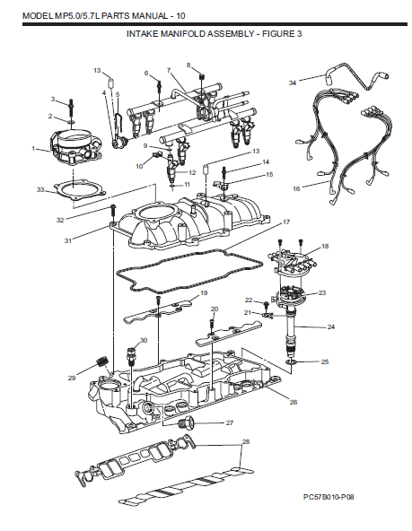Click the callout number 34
(x=293, y=83)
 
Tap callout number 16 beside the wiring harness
(x=297, y=189)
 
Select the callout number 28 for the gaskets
(x=246, y=442)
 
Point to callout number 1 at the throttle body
(x=33, y=148)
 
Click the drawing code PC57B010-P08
(x=335, y=494)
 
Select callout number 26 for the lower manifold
(x=293, y=403)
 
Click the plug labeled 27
(x=187, y=423)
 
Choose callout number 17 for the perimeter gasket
(x=286, y=221)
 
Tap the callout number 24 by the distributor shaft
(x=331, y=327)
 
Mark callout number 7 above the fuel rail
(x=168, y=70)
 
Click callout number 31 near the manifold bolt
(x=67, y=239)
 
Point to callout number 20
(x=214, y=309)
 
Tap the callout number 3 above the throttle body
(x=53, y=99)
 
